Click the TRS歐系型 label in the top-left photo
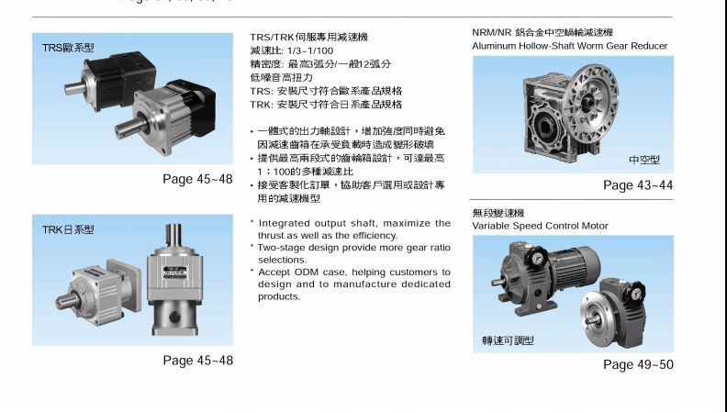coord(68,47)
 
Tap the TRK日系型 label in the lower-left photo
coord(68,229)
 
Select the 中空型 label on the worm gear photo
coord(643,160)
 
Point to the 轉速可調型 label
coord(508,340)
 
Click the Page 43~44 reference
coord(638,185)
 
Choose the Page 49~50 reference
coord(638,364)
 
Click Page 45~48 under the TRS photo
coord(197,179)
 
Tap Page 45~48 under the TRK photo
coord(197,361)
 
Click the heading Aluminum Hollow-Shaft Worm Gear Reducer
coord(569,45)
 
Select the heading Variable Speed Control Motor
coord(540,226)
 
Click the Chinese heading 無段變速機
coord(498,213)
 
